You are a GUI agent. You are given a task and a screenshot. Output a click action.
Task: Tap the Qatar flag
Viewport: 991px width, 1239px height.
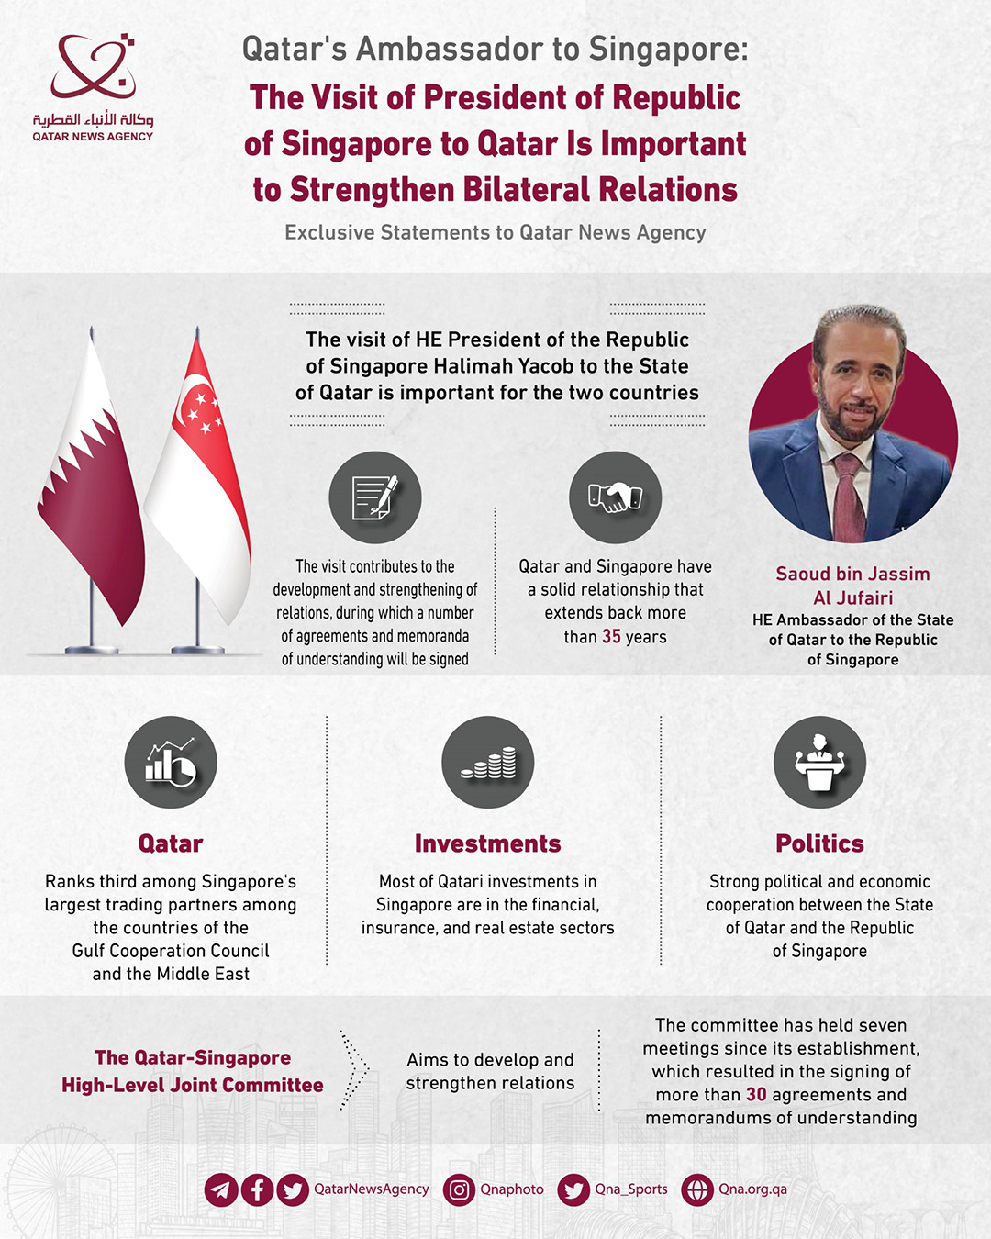(x=91, y=486)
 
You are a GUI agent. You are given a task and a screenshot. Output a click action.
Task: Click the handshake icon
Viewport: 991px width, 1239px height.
(x=615, y=497)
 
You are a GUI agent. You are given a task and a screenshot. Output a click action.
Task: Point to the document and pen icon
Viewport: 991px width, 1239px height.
(x=374, y=497)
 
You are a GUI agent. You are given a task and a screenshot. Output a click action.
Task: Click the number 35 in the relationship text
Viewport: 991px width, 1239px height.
(x=611, y=637)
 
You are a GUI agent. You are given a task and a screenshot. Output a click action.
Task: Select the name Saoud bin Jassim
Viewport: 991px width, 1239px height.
(x=852, y=575)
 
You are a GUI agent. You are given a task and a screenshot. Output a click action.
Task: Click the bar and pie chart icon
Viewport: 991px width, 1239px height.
(x=171, y=763)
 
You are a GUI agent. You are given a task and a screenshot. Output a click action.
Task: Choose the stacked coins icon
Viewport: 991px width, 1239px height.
(x=487, y=763)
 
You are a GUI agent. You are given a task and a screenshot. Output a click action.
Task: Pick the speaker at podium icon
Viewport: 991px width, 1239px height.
(x=819, y=763)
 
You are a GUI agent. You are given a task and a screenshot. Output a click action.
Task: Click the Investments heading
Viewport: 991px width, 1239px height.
(x=487, y=843)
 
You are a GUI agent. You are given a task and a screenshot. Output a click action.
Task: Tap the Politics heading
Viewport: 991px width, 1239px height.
(x=819, y=843)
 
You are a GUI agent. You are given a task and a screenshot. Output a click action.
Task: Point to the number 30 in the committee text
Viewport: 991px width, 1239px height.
(x=756, y=1095)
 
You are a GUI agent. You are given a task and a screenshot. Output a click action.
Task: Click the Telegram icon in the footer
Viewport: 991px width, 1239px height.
(x=221, y=1190)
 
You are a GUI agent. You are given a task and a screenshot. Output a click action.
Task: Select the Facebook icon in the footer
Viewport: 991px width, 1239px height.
(x=257, y=1190)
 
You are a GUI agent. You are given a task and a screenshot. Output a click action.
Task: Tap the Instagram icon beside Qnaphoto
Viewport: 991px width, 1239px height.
(x=459, y=1190)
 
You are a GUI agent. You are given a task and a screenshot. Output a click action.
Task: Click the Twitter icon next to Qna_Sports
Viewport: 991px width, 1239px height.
(x=573, y=1190)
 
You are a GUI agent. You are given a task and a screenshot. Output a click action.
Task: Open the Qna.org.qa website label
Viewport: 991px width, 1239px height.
(x=752, y=1189)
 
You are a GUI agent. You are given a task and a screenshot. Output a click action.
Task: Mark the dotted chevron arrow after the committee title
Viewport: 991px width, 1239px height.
(x=354, y=1070)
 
